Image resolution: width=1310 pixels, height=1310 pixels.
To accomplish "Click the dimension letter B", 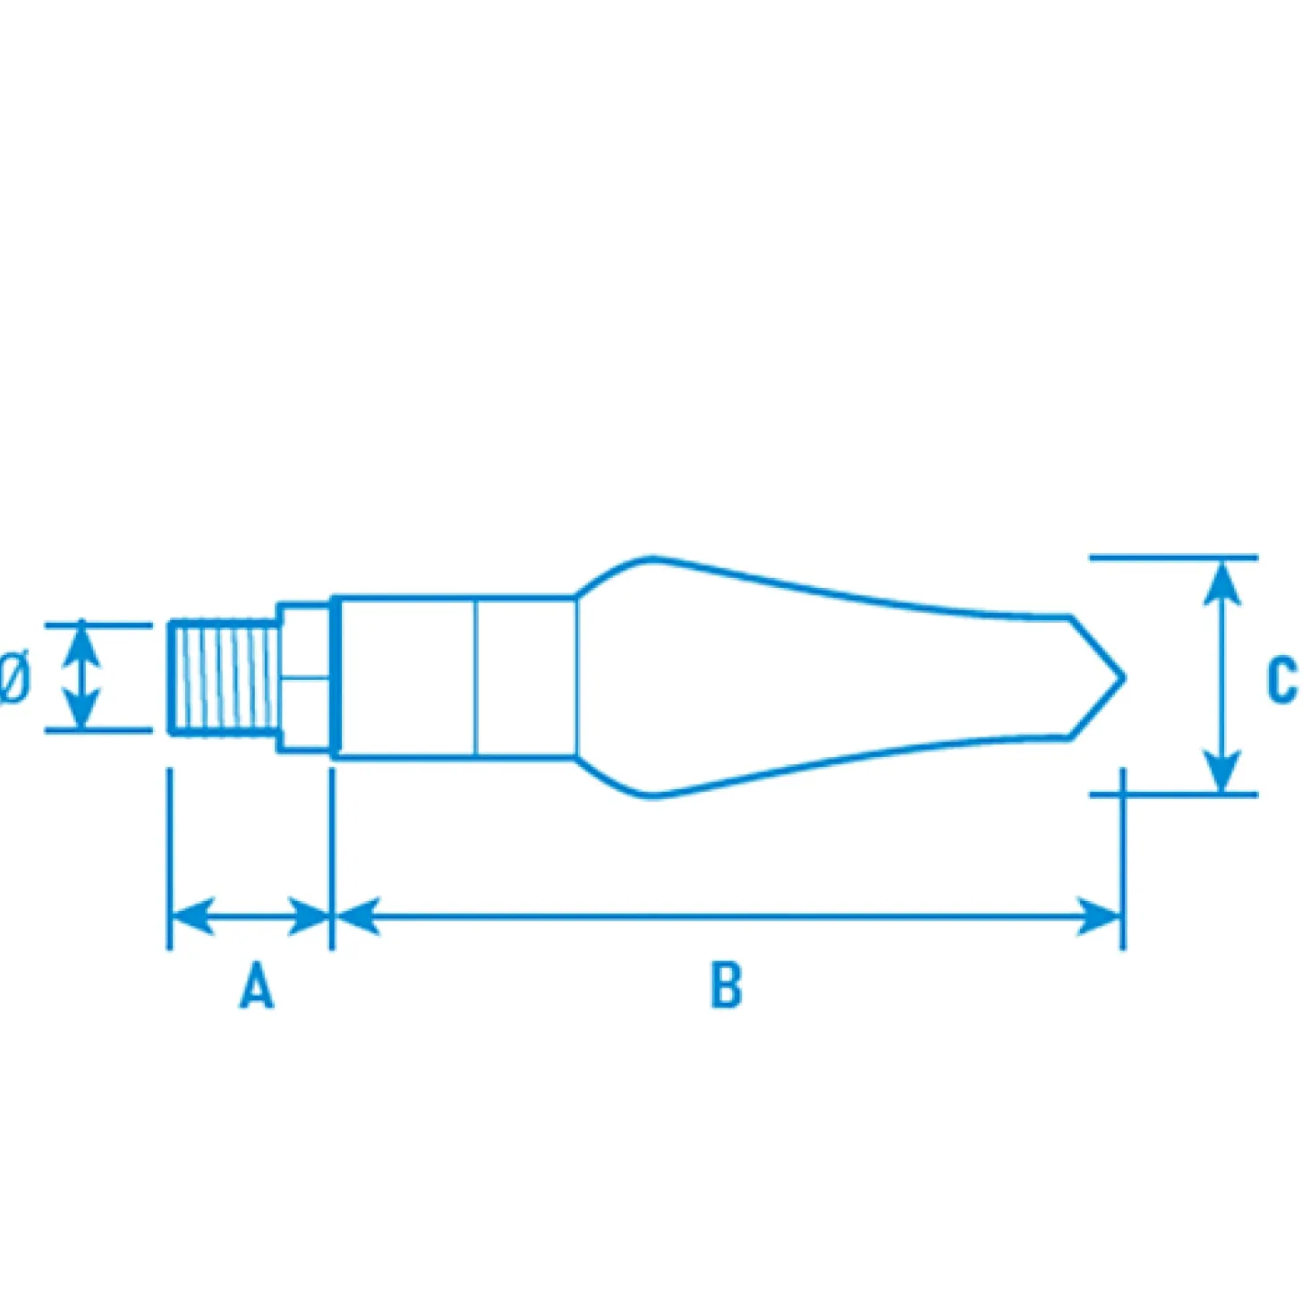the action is pyautogui.click(x=726, y=983).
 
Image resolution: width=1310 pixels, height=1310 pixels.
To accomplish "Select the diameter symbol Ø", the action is pyautogui.click(x=13, y=679).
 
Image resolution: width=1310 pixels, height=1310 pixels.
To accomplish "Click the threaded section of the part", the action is pyautogui.click(x=225, y=677).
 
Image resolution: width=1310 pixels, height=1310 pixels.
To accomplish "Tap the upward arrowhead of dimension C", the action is pyautogui.click(x=1222, y=583).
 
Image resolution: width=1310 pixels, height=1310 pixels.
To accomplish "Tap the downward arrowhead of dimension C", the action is pyautogui.click(x=1222, y=771).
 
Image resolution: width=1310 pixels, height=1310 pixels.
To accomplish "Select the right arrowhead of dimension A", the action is pyautogui.click(x=309, y=916).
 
